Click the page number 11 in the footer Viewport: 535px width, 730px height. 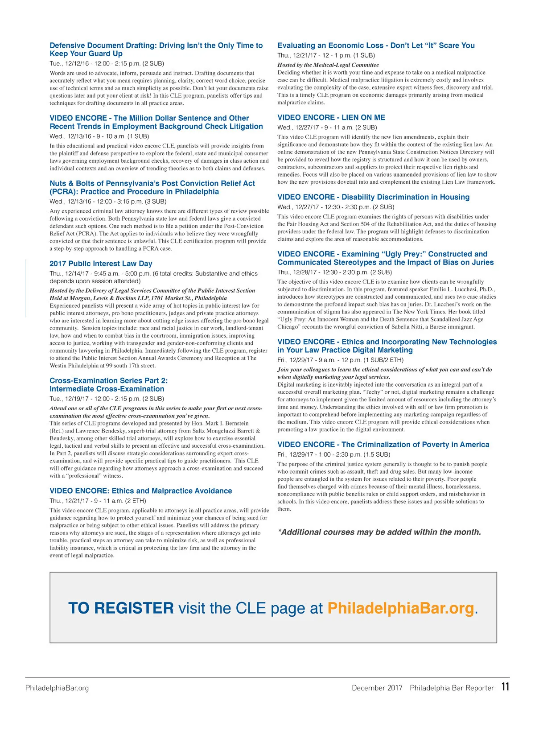[505, 686]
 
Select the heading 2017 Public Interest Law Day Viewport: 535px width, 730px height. [101, 264]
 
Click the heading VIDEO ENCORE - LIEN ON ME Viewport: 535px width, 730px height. [331, 117]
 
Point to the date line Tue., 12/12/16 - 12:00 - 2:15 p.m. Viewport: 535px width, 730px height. [107, 63]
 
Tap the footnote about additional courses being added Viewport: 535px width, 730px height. [379, 532]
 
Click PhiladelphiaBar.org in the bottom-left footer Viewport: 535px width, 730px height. [57, 688]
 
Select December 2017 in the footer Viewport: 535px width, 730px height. [377, 688]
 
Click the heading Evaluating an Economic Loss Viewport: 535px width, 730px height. [376, 45]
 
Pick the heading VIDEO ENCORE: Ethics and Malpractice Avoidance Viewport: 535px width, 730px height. [140, 491]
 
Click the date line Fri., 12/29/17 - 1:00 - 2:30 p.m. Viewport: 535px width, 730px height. [333, 454]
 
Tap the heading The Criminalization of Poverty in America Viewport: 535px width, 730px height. [383, 444]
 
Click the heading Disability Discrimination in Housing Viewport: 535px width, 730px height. [373, 197]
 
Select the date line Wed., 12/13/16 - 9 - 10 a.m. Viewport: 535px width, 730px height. [99, 136]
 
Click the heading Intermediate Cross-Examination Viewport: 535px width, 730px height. [107, 389]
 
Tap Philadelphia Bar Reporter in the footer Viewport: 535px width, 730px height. [452, 688]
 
